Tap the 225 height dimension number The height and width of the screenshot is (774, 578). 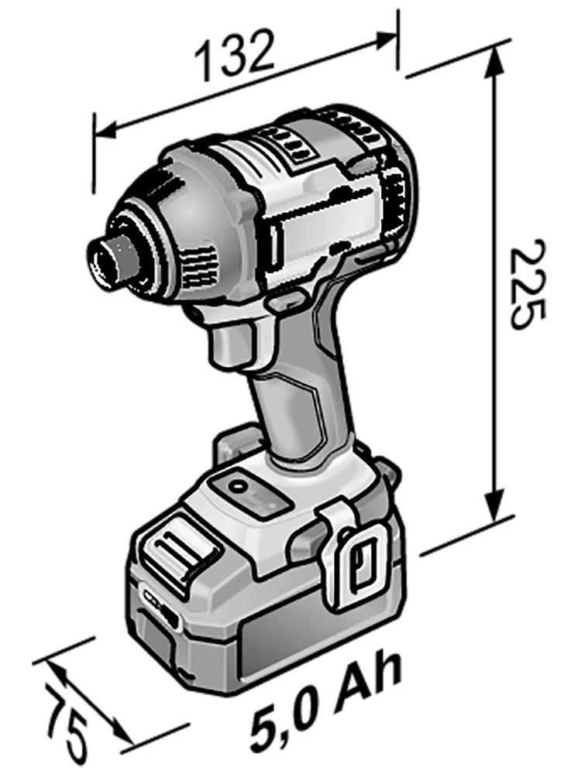tap(528, 285)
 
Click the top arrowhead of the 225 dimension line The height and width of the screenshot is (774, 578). tap(494, 63)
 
